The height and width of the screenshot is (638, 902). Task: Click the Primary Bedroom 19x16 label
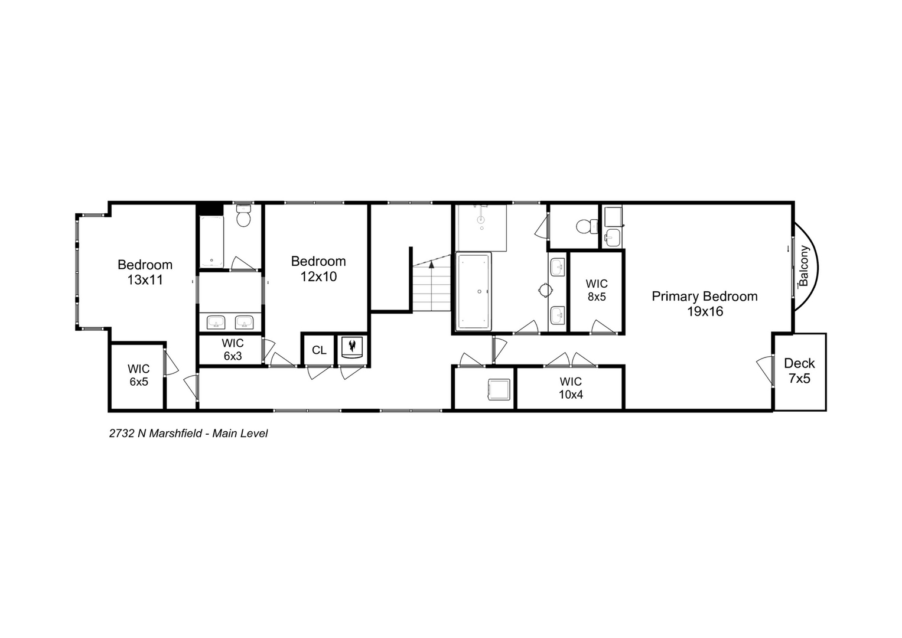(x=704, y=304)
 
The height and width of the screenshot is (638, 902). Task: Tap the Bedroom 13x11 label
(x=145, y=272)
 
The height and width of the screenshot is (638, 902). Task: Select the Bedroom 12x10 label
(x=318, y=269)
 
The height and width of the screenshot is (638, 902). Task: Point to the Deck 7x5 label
(x=799, y=371)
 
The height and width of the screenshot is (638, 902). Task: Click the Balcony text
(x=803, y=265)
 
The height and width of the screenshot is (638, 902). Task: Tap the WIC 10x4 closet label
(x=571, y=388)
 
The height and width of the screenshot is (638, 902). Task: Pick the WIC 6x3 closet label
(x=232, y=350)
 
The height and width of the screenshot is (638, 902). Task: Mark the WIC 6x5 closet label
(x=138, y=376)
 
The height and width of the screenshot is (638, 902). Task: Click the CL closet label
(x=319, y=350)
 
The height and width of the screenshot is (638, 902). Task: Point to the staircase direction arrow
(x=432, y=265)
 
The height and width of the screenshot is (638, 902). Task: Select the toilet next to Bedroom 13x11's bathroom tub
(x=243, y=217)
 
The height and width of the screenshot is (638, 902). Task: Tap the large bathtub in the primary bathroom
(x=473, y=291)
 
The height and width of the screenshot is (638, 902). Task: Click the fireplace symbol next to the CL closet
(x=352, y=347)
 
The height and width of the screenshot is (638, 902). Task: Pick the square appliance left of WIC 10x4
(x=498, y=389)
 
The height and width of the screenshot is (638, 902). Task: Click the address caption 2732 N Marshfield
(x=188, y=434)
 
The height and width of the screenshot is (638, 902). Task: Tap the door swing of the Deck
(x=766, y=370)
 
